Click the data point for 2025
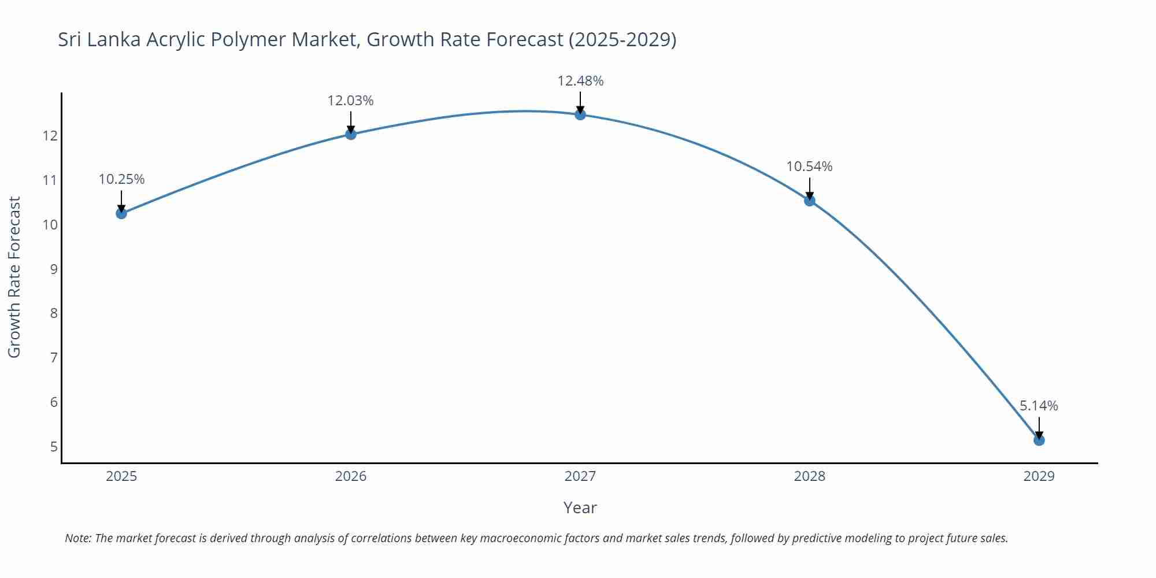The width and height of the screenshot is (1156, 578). point(121,213)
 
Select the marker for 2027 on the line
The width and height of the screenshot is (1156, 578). point(580,114)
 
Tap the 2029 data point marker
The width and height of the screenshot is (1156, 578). point(1039,440)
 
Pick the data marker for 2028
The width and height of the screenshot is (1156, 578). point(809,201)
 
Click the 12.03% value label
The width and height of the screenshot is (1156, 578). point(350,101)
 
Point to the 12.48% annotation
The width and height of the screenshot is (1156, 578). point(580,81)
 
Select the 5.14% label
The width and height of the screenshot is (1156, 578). point(1039,406)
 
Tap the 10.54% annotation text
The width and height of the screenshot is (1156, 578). point(809,166)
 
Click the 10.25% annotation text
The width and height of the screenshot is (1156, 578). point(121,179)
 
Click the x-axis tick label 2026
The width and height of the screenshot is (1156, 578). point(350,476)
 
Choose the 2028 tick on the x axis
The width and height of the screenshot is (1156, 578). point(809,476)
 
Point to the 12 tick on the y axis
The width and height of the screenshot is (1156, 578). point(50,136)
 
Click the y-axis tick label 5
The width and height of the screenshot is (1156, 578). point(54,446)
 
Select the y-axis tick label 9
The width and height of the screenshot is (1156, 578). point(54,269)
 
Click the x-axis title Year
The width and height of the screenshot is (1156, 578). point(580,507)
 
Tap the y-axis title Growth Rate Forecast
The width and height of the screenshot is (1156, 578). point(14,277)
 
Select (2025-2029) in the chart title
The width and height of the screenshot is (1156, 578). point(622,39)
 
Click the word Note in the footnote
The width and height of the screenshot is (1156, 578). point(77,538)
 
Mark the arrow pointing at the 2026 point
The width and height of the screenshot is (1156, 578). point(350,123)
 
